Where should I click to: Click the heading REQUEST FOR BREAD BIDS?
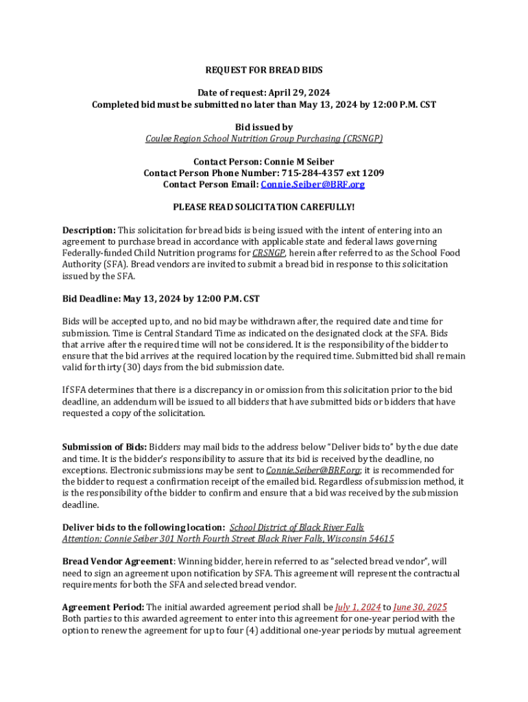coord(264,70)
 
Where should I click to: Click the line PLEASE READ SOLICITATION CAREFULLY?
coord(264,206)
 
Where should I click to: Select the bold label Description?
coord(89,230)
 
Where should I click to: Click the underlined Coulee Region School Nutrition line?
coord(264,138)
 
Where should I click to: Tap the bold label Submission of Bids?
coord(104,447)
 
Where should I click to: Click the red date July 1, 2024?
coord(357,607)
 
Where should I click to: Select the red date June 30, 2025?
coord(420,607)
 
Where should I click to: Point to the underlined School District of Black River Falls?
coord(296,527)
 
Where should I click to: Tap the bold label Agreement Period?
coord(103,607)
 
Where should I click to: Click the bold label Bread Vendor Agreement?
coord(117,561)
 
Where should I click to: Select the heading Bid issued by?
coord(264,127)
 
